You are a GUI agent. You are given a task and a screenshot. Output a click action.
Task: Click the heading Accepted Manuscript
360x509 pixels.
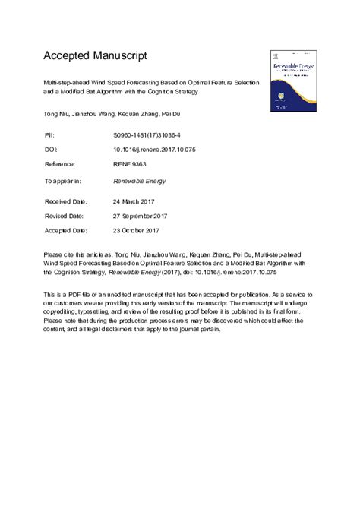[x=96, y=55]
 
